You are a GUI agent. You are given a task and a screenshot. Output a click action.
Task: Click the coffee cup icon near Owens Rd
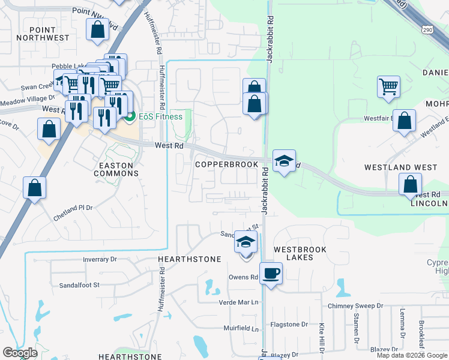tap(271, 274)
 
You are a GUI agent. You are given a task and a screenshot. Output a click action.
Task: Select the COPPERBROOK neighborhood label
tap(226, 164)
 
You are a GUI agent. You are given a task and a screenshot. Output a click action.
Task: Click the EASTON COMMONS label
tap(116, 168)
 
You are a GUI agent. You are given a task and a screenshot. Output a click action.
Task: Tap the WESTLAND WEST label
tap(401, 167)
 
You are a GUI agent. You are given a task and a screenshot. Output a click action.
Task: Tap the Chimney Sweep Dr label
tap(355, 306)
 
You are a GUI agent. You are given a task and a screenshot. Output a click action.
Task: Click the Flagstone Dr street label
tap(289, 325)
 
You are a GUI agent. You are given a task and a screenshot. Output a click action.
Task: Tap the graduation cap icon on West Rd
tap(285, 160)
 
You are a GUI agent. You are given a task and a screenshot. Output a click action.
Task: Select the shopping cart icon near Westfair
tap(388, 86)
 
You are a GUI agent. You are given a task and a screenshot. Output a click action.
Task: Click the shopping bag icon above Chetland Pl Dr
tap(35, 187)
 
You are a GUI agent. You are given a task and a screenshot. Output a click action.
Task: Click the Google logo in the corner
tap(20, 353)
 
